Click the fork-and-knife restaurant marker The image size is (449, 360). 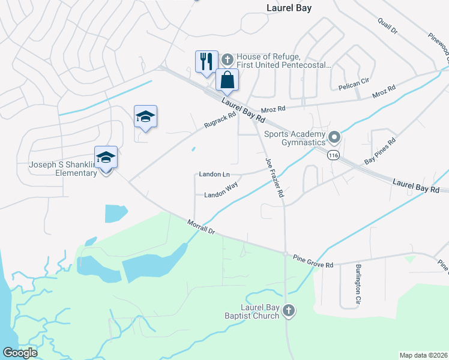pyautogui.click(x=206, y=62)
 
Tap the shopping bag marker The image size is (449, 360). pyautogui.click(x=228, y=80)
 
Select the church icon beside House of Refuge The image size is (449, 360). pyautogui.click(x=227, y=59)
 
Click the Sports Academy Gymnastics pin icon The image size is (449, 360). pyautogui.click(x=335, y=138)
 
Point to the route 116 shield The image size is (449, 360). pyautogui.click(x=333, y=156)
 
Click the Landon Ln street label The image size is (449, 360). pyautogui.click(x=214, y=175)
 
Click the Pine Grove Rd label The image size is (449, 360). pyautogui.click(x=313, y=261)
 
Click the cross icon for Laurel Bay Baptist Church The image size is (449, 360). pyautogui.click(x=289, y=310)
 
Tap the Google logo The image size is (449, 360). pyautogui.click(x=20, y=353)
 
